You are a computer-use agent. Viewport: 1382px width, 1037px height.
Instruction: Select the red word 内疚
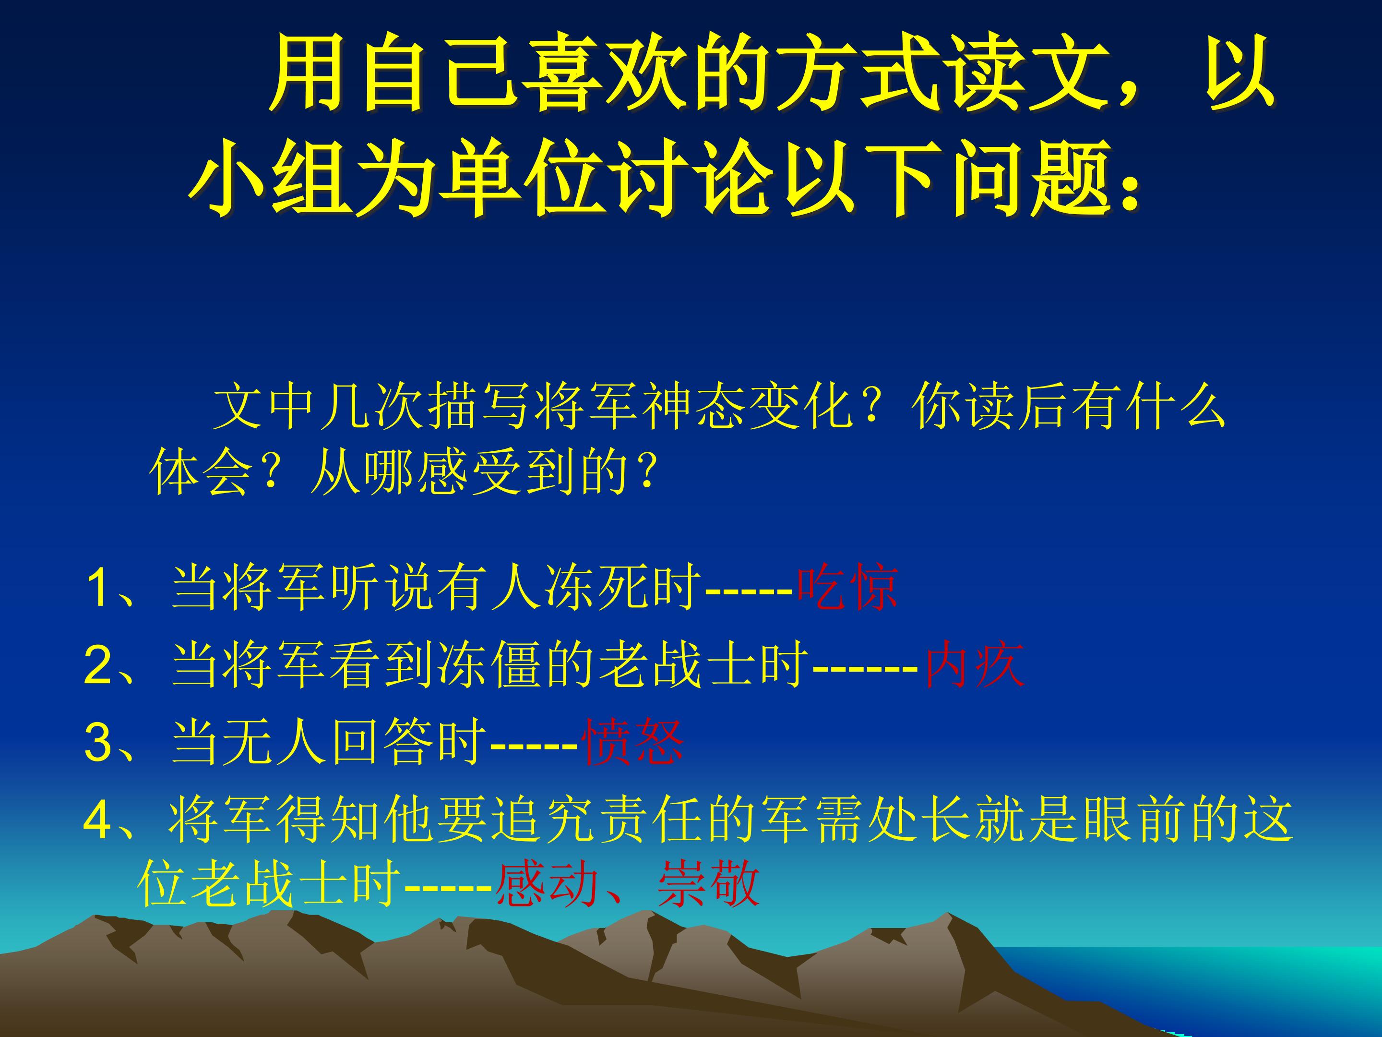pos(975,666)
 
